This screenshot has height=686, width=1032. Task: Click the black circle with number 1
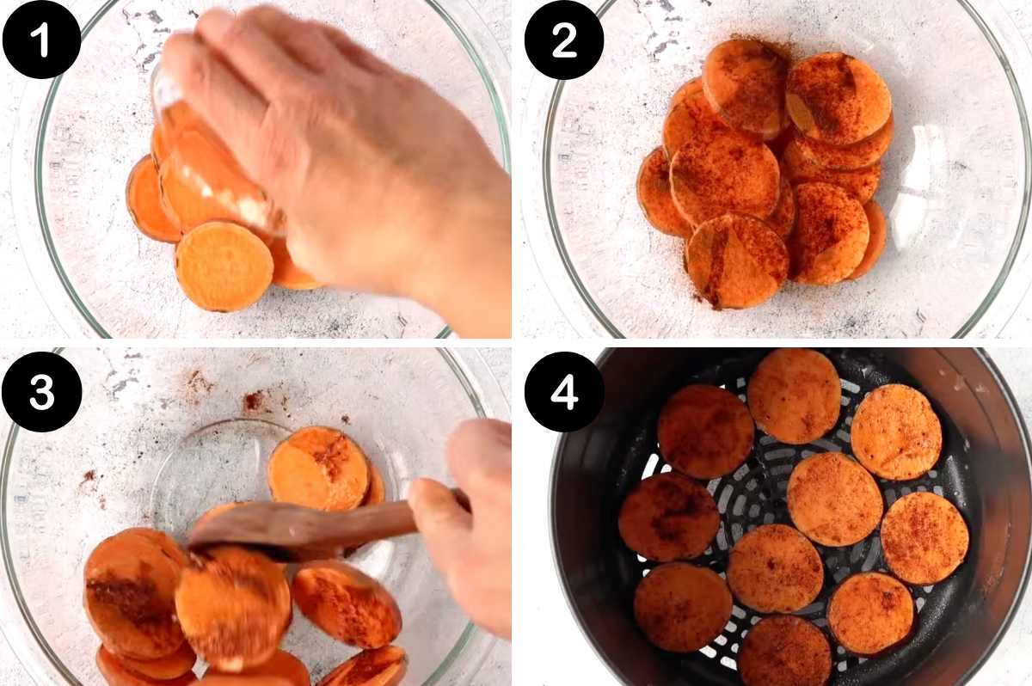[x=41, y=40]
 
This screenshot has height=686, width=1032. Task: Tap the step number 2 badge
[x=563, y=40]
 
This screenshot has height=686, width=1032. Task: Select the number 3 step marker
[x=41, y=391]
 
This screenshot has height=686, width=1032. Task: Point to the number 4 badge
[x=563, y=391]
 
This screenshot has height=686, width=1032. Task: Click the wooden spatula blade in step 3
[x=258, y=524]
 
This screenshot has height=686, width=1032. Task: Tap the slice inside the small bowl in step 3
[x=318, y=469]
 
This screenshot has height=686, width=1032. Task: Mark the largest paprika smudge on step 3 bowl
[x=254, y=401]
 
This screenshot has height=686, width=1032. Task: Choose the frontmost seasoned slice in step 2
[x=737, y=260]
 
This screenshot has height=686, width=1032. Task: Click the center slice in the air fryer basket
[x=833, y=499]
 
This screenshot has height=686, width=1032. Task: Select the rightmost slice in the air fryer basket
[x=924, y=537]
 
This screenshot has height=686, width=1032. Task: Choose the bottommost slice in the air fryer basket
[x=783, y=652]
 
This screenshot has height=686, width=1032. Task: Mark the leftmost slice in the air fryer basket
[x=669, y=517]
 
